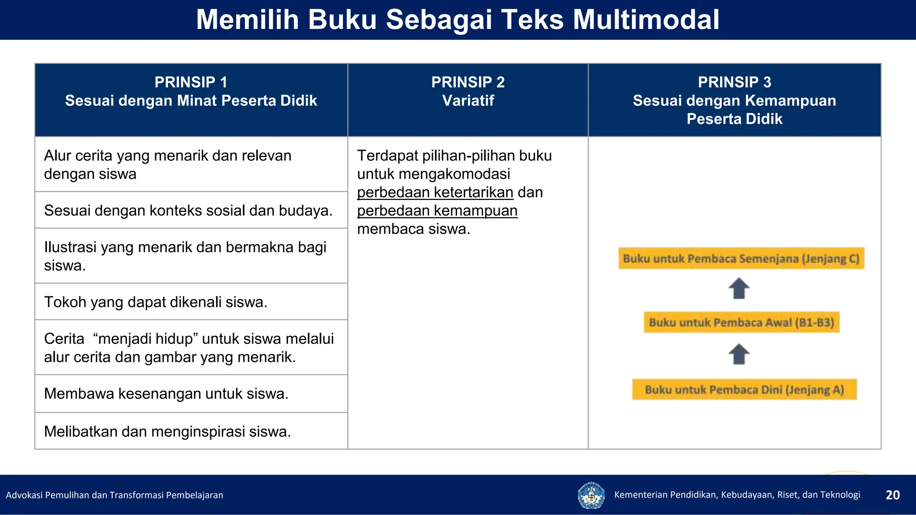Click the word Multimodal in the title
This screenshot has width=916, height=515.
646,20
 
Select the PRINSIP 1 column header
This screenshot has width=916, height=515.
191,92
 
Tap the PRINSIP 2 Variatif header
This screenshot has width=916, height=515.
468,92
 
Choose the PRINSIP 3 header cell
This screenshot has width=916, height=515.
734,100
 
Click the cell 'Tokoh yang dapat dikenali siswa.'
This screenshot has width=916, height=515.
156,302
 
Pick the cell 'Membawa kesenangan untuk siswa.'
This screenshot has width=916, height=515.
166,394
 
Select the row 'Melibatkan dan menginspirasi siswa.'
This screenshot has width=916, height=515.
167,432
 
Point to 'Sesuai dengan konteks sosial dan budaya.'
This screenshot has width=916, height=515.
188,211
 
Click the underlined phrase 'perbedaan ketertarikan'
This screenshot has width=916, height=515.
435,193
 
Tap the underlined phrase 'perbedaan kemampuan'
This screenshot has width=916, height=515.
437,211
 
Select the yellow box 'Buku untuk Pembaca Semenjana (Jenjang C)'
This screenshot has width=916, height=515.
741,258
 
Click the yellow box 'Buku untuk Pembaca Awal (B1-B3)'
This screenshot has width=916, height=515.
741,322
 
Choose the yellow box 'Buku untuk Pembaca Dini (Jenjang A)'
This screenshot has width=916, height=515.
744,389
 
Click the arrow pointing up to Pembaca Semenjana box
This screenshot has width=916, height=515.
739,288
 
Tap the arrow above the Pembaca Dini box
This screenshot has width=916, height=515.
739,354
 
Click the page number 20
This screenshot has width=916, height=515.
892,495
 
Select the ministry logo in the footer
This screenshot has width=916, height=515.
591,495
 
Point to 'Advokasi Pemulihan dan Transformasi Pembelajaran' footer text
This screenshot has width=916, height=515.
114,495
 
